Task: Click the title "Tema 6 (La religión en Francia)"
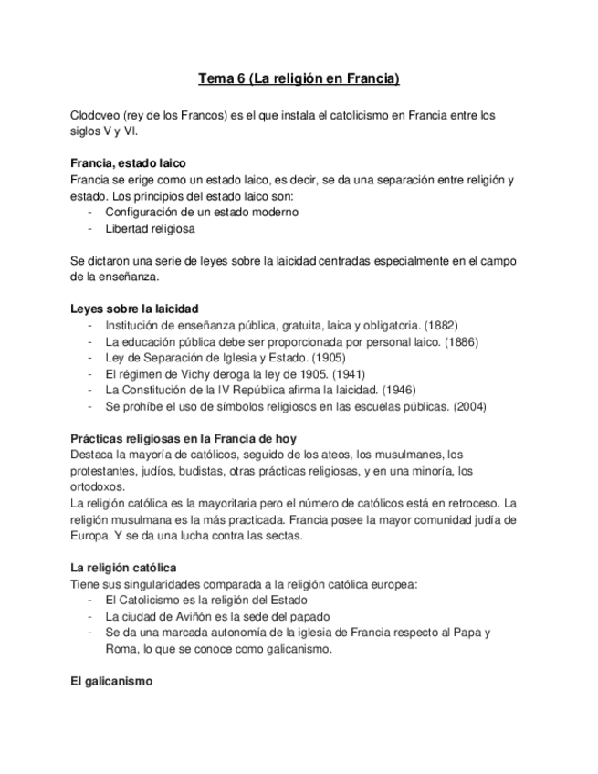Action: pos(299,79)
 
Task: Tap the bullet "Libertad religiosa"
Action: pos(150,229)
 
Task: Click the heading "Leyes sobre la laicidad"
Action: pos(134,309)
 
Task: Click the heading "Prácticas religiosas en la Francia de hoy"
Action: pos(183,439)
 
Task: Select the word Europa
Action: pos(89,536)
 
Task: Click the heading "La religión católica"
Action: pos(123,568)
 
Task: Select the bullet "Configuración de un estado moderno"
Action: pos(201,212)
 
